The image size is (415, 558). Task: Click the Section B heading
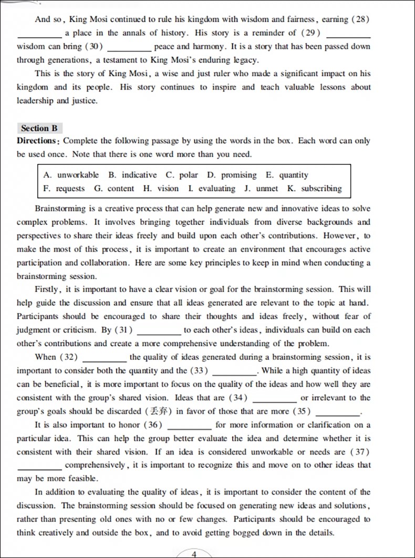point(39,128)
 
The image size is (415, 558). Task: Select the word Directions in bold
point(37,141)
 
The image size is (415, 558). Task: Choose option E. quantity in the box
point(287,175)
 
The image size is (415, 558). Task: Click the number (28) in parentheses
point(360,19)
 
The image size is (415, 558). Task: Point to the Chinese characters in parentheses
point(160,411)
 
